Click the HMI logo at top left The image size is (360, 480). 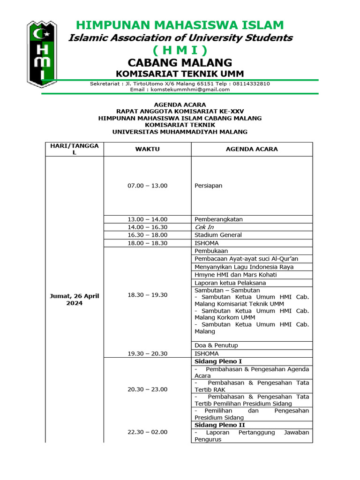click(x=42, y=54)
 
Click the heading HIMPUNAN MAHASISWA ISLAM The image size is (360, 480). click(x=180, y=25)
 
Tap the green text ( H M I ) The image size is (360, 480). click(x=180, y=50)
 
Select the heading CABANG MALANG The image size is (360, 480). click(x=180, y=62)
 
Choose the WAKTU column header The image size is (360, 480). click(x=147, y=149)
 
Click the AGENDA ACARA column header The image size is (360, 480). click(x=252, y=149)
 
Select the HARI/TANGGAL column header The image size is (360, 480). click(x=74, y=149)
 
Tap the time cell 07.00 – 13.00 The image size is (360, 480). click(x=147, y=186)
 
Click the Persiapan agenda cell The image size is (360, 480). click(x=208, y=186)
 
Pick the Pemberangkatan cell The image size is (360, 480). click(x=218, y=219)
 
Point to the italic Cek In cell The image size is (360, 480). click(x=204, y=227)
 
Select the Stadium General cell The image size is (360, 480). click(x=218, y=235)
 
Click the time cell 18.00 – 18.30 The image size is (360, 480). click(x=147, y=243)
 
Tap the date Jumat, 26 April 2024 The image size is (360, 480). click(x=74, y=299)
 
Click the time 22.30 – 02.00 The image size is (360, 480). click(x=147, y=432)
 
